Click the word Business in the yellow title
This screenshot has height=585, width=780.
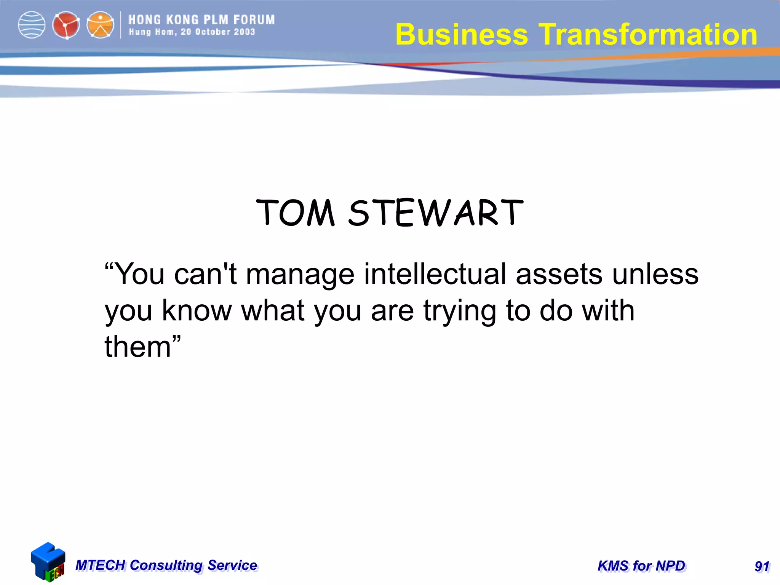click(462, 34)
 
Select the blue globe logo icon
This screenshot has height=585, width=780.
click(32, 25)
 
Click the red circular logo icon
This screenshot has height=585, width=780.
click(66, 26)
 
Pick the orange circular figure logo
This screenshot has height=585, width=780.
click(100, 26)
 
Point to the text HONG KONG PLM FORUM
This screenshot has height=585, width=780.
click(201, 20)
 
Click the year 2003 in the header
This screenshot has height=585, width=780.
click(245, 32)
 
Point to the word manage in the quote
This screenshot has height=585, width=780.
click(300, 274)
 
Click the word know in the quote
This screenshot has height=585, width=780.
click(197, 310)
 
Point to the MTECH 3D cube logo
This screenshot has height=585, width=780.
click(48, 562)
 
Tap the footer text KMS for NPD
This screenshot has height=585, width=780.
click(641, 566)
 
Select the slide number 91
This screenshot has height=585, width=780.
click(762, 567)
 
